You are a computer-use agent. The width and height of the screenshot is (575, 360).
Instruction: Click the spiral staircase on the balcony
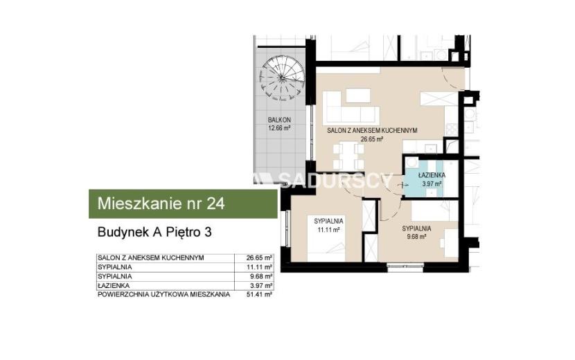point(282,78)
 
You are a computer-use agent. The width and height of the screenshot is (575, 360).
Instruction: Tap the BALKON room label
point(279,120)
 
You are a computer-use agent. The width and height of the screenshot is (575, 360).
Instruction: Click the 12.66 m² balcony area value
point(279,128)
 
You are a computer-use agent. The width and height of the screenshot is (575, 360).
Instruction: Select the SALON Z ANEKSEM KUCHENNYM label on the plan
point(372,131)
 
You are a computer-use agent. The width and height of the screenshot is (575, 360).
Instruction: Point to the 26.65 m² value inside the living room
point(372,139)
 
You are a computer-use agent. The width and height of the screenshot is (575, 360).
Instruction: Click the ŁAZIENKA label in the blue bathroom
point(432,176)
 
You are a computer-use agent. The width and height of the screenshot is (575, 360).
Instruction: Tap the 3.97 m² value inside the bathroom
point(432,183)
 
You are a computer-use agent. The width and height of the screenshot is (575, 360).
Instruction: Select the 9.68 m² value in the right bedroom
point(416,237)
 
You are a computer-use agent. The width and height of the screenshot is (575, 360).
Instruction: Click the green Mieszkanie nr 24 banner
point(183,204)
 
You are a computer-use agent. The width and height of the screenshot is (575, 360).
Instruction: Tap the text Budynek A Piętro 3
point(154,233)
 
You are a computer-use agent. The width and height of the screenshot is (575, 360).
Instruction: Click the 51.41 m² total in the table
point(259,294)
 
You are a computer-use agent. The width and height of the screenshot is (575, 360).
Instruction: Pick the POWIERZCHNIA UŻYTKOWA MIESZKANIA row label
point(164,294)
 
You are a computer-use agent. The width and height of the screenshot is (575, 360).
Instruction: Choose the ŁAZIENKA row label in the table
point(114,286)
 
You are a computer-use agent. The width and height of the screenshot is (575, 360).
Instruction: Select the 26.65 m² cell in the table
point(259,258)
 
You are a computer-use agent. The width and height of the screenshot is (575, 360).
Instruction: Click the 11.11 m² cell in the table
point(259,267)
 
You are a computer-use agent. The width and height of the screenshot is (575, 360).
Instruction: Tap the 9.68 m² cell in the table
point(260,276)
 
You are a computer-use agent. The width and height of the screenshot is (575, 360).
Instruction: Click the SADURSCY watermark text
point(335,180)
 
